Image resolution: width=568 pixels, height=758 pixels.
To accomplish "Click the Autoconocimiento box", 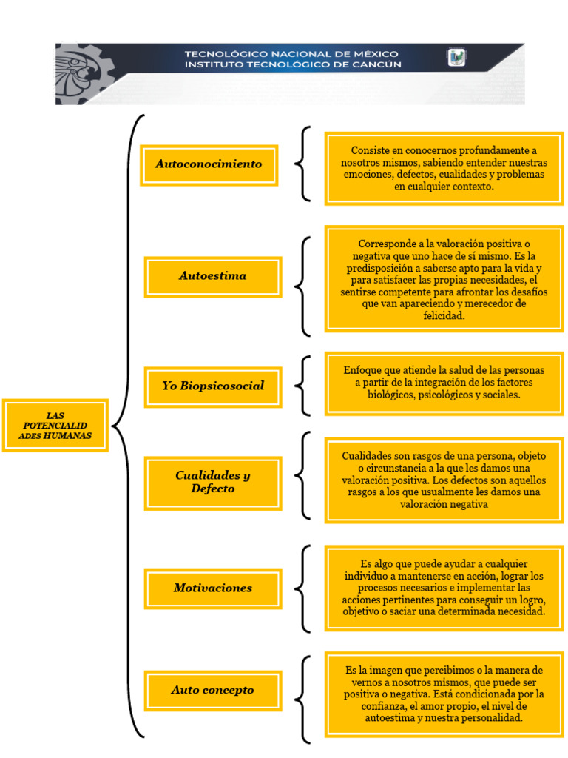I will pyautogui.click(x=209, y=164).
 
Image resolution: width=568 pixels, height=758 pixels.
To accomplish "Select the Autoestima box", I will pyautogui.click(x=213, y=276).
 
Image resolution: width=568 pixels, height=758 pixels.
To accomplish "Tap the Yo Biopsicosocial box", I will pyautogui.click(x=213, y=386).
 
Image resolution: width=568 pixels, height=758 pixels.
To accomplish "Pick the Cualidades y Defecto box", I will pyautogui.click(x=213, y=483).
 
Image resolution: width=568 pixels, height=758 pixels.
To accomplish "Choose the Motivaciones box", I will pyautogui.click(x=213, y=588).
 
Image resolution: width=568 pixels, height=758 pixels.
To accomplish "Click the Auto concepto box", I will pyautogui.click(x=213, y=690).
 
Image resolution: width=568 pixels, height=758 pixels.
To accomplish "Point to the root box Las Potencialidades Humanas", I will pyautogui.click(x=55, y=426).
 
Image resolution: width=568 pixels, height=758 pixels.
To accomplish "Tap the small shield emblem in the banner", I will pyautogui.click(x=456, y=58).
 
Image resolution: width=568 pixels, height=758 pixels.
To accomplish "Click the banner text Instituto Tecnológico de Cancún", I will pyautogui.click(x=292, y=64).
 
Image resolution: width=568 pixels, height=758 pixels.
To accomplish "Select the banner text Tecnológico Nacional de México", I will pyautogui.click(x=291, y=53).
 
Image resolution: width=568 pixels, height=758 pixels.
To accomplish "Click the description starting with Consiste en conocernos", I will pyautogui.click(x=444, y=169).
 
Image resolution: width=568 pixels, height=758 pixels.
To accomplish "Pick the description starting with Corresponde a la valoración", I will pyautogui.click(x=444, y=279).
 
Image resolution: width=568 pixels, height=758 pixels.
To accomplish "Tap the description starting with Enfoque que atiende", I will pyautogui.click(x=444, y=383).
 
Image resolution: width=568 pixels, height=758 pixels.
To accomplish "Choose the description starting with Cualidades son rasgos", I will pyautogui.click(x=444, y=480).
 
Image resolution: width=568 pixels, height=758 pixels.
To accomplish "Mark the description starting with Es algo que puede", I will pyautogui.click(x=444, y=588).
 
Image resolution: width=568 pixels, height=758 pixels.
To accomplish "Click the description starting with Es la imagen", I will pyautogui.click(x=444, y=694).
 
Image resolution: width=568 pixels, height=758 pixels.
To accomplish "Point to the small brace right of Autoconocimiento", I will pyautogui.click(x=302, y=164).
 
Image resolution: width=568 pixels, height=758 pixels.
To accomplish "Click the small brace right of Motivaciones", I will pyautogui.click(x=302, y=588).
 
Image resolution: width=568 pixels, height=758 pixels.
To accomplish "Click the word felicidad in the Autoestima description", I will pyautogui.click(x=444, y=315).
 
